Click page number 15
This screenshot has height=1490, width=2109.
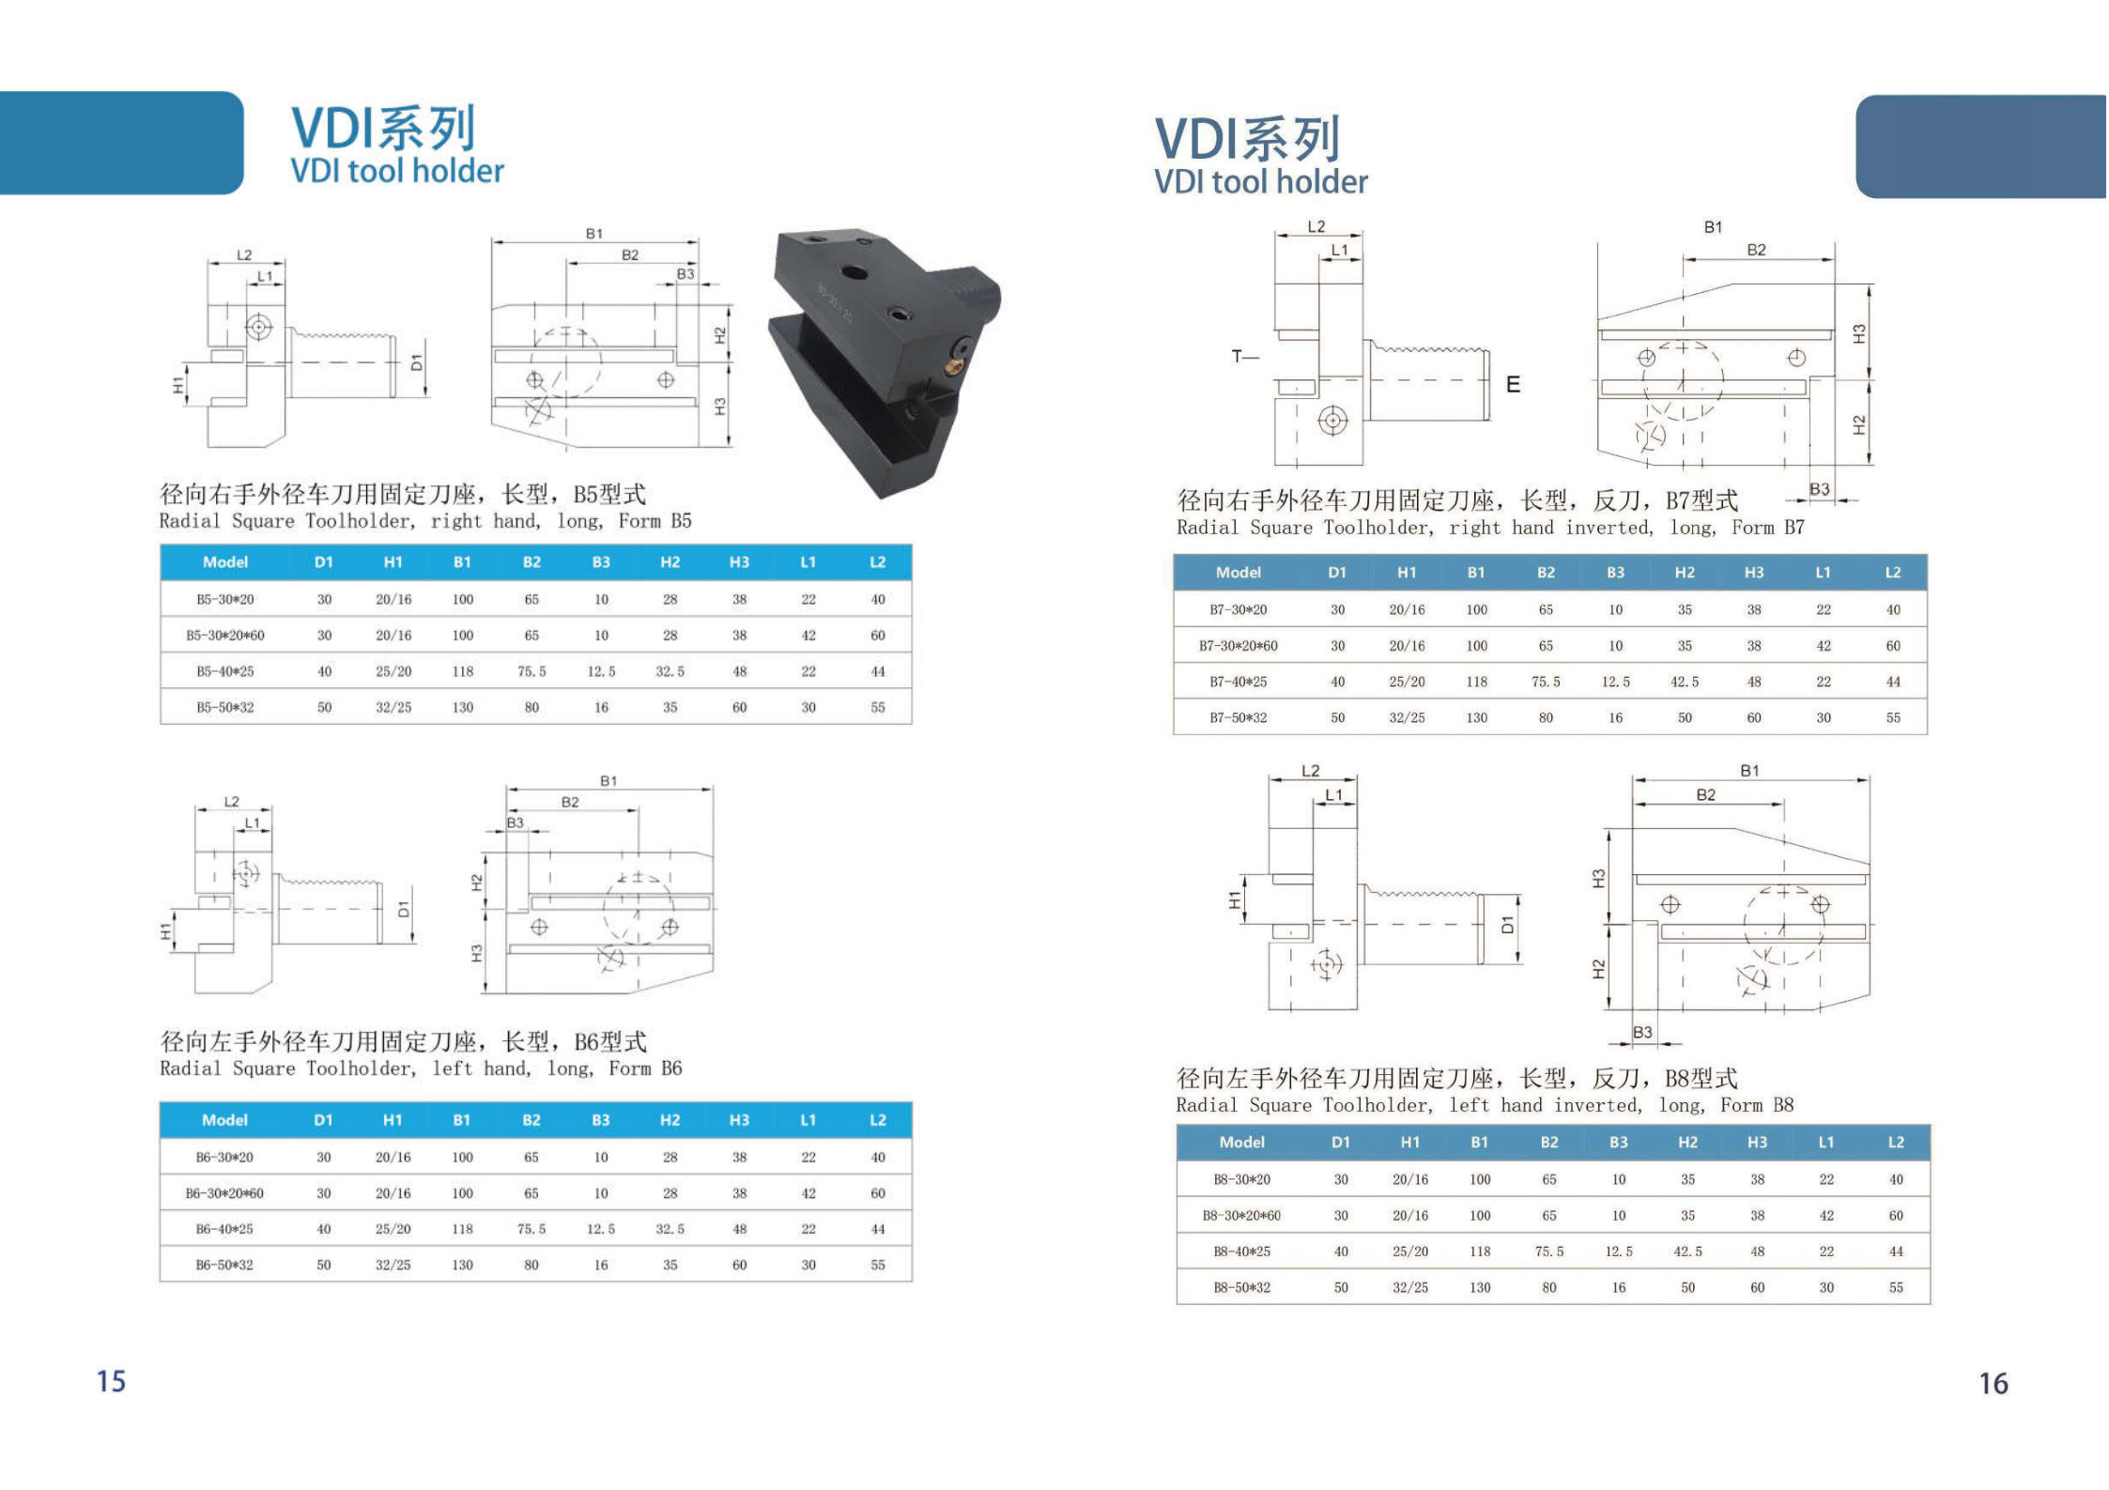pos(111,1381)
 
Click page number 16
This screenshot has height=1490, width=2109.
pos(1994,1383)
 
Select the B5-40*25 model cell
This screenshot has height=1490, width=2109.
pos(225,671)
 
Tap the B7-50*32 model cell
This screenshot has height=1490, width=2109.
pos(1238,718)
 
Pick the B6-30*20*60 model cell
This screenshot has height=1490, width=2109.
pos(224,1193)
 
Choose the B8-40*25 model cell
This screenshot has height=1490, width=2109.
pos(1241,1252)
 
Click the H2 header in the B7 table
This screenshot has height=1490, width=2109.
pos(1685,572)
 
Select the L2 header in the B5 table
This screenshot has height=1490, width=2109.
pos(877,561)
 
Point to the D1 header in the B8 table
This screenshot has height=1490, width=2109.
pos(1341,1142)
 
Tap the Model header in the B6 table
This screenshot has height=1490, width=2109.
pos(224,1119)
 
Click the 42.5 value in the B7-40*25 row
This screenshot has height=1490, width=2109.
pos(1685,682)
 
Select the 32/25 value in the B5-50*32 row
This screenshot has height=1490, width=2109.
pos(393,707)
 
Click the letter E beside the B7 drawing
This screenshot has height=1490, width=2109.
pos(1513,384)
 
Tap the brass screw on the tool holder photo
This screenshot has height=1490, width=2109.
pos(957,353)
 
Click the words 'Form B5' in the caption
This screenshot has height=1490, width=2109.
pos(654,521)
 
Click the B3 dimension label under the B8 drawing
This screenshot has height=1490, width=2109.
pos(1642,1032)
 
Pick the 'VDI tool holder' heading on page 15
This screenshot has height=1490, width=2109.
pos(397,171)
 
